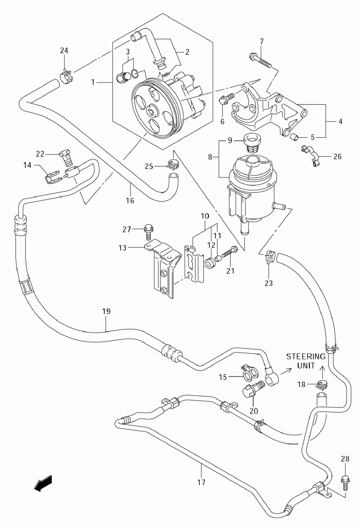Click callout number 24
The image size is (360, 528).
(64, 50)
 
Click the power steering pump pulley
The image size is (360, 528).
(154, 109)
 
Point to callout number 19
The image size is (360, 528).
(106, 311)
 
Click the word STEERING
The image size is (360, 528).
(306, 356)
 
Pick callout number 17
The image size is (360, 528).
(201, 483)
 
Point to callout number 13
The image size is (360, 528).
(122, 247)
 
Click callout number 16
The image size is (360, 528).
(130, 200)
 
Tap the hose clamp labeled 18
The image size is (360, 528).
(322, 384)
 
